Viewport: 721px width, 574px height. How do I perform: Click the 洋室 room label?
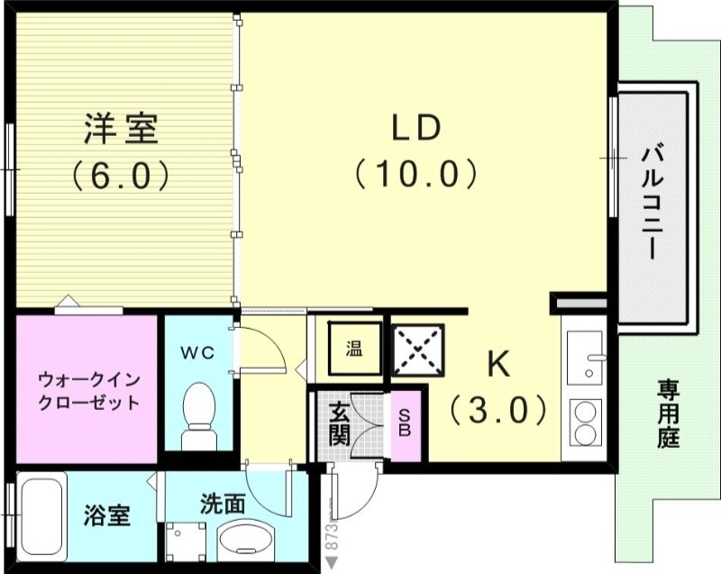pyautogui.click(x=121, y=130)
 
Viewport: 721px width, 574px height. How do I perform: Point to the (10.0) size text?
pyautogui.click(x=415, y=172)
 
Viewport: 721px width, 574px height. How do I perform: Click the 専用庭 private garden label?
pyautogui.click(x=668, y=415)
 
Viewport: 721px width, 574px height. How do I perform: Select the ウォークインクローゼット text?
pyautogui.click(x=88, y=390)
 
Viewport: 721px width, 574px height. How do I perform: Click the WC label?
pyautogui.click(x=200, y=353)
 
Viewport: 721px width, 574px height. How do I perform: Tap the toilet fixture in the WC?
pyautogui.click(x=198, y=413)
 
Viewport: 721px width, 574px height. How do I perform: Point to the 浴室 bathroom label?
pyautogui.click(x=107, y=516)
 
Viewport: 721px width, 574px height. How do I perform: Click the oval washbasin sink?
pyautogui.click(x=244, y=541)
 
